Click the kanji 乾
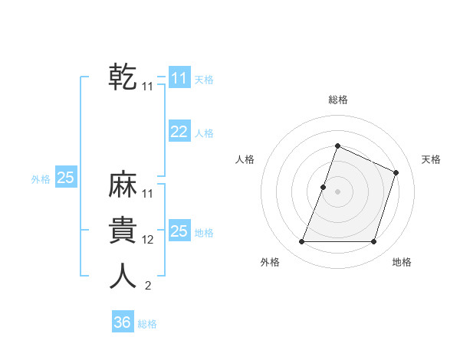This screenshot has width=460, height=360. coord(123,77)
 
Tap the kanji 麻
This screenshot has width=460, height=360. coord(123,186)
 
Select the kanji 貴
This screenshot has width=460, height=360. coord(123,231)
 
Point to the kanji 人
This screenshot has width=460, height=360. coord(123,276)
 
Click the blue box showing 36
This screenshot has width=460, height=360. coord(122,322)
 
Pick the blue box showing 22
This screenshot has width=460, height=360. coord(179,132)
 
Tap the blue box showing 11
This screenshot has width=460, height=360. coord(179,78)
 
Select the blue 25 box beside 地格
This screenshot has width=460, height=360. coord(179,231)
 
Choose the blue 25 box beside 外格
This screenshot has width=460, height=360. coord(66,178)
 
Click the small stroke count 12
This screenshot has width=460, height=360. coord(148,240)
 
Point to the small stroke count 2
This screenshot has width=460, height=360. coord(148,286)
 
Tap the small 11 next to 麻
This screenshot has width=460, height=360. coord(148,194)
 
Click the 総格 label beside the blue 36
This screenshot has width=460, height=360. coord(147,324)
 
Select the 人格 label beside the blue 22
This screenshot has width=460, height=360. coord(204,133)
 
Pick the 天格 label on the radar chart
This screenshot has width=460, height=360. coord(431,159)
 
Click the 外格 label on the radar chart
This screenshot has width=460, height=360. coord(270,263)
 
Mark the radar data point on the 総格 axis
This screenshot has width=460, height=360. coord(337,146)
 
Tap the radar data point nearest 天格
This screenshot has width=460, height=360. coord(396,172)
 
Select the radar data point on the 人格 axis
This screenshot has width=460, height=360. coord(324,187)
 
